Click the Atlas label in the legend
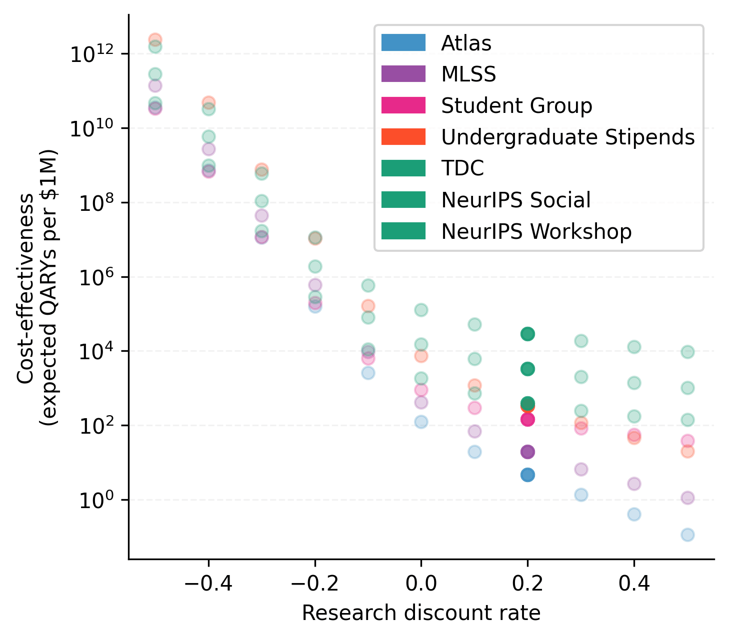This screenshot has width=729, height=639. click(x=466, y=43)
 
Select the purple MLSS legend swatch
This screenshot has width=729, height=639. click(x=403, y=74)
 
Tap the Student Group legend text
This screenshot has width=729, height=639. click(x=516, y=106)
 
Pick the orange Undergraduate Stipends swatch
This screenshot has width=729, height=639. click(x=403, y=137)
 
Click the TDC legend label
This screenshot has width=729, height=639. click(x=462, y=168)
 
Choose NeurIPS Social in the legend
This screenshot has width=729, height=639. click(x=515, y=200)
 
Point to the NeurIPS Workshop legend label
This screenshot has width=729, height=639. click(x=536, y=231)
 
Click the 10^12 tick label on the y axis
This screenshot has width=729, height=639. click(x=93, y=53)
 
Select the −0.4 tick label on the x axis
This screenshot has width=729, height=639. click(x=208, y=583)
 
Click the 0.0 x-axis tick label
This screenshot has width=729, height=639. click(x=421, y=583)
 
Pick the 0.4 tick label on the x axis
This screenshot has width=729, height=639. click(x=634, y=583)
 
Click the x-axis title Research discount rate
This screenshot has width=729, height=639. click(x=421, y=613)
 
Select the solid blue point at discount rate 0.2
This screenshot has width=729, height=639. click(x=527, y=475)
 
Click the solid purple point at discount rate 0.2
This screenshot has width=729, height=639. click(x=527, y=452)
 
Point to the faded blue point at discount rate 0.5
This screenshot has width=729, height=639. click(x=687, y=535)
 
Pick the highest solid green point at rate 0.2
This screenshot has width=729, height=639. click(x=527, y=334)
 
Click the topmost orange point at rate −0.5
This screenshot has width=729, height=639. click(x=155, y=39)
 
